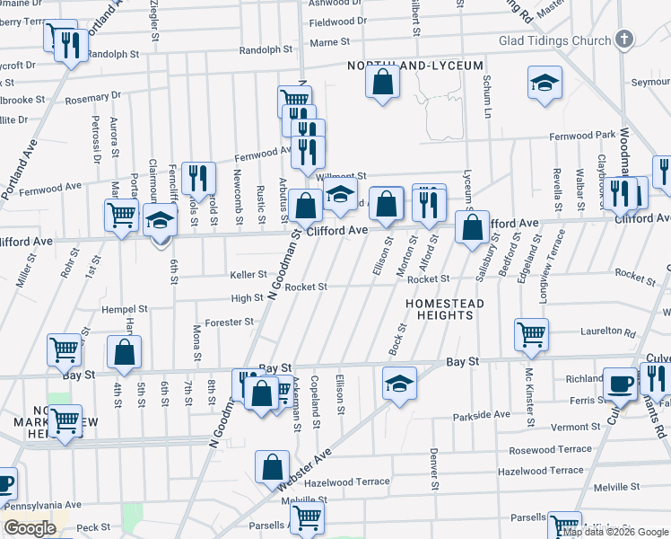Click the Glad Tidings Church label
pyautogui.click(x=554, y=40)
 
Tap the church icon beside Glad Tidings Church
pyautogui.click(x=625, y=40)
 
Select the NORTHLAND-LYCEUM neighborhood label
pyautogui.click(x=416, y=66)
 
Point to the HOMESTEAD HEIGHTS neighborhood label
pyautogui.click(x=444, y=309)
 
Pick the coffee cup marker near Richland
pyautogui.click(x=619, y=384)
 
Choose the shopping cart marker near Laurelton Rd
pyautogui.click(x=531, y=334)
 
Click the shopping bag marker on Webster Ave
pyautogui.click(x=272, y=467)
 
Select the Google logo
pyautogui.click(x=30, y=528)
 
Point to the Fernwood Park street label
pyautogui.click(x=582, y=136)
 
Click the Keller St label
pyautogui.click(x=248, y=275)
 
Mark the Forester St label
pyautogui.click(x=230, y=322)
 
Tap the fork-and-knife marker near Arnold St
pyautogui.click(x=198, y=178)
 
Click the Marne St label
pyautogui.click(x=329, y=42)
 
